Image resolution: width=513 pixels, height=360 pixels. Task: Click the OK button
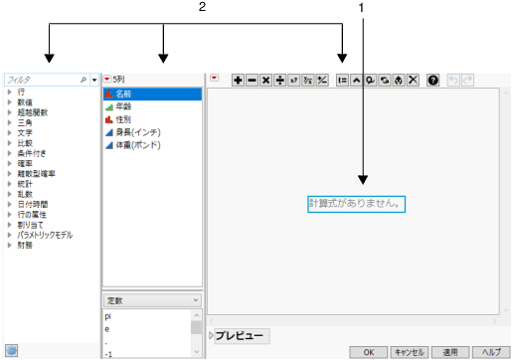click(368, 351)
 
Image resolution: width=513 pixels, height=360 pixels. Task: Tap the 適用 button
click(449, 351)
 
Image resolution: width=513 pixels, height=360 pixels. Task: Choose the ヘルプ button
click(490, 351)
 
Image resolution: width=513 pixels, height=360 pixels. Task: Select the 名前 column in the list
click(124, 93)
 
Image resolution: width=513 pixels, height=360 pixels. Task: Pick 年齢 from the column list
click(124, 106)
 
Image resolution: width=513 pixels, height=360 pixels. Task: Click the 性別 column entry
click(124, 119)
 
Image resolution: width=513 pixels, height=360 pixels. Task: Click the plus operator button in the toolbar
click(238, 79)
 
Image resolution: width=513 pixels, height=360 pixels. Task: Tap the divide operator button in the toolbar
click(279, 79)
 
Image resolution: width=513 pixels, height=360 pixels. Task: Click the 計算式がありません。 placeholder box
click(357, 203)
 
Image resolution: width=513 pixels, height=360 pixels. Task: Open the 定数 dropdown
click(152, 299)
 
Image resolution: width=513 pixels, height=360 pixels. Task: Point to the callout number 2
click(202, 7)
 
